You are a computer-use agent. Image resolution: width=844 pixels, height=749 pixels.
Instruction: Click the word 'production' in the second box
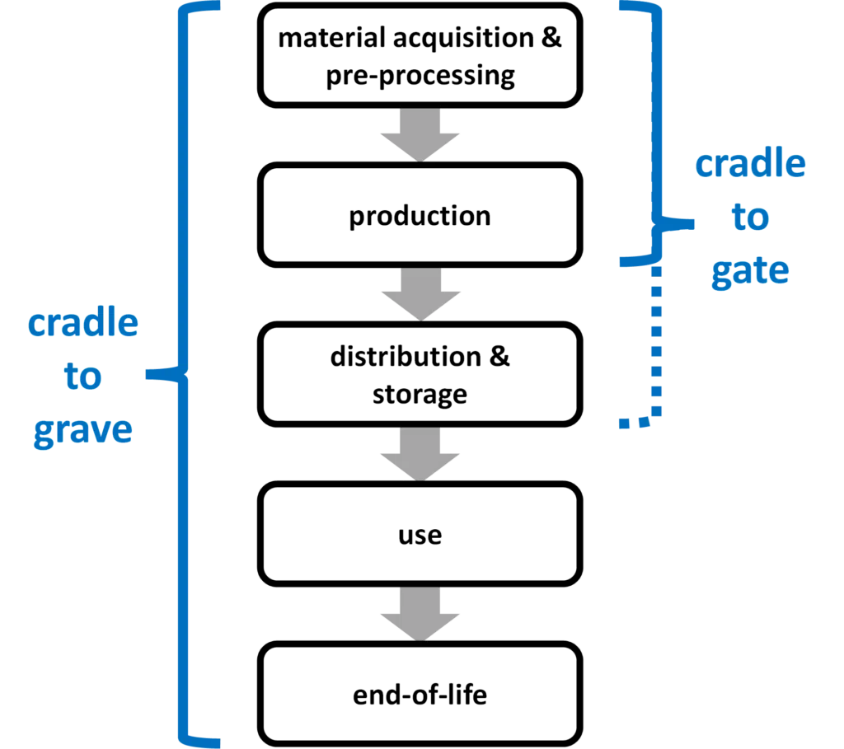click(x=420, y=217)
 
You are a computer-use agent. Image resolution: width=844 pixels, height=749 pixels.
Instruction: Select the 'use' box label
click(x=420, y=536)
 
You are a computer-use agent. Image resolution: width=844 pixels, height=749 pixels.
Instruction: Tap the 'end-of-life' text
click(x=420, y=694)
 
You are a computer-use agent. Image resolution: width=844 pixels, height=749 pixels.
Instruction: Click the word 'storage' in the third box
click(x=420, y=395)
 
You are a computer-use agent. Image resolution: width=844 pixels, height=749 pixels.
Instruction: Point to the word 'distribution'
click(x=406, y=356)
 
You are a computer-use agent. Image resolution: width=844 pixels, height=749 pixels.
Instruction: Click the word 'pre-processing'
click(x=420, y=76)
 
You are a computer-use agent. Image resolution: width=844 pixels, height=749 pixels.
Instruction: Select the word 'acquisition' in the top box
click(x=463, y=39)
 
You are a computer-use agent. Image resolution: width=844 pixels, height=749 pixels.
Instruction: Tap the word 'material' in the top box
click(x=331, y=38)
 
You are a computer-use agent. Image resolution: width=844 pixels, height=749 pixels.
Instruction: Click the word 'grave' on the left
click(x=83, y=431)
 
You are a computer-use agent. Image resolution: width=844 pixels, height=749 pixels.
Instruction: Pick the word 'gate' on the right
click(x=750, y=271)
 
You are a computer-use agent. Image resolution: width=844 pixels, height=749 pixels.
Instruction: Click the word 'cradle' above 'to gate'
click(x=750, y=164)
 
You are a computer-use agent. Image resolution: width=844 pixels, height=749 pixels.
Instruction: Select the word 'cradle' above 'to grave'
click(x=83, y=323)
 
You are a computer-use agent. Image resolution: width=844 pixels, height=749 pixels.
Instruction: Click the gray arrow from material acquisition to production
click(x=420, y=134)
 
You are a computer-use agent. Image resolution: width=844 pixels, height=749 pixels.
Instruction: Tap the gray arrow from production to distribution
click(x=420, y=293)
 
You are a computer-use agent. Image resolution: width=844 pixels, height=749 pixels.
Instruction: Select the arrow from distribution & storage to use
click(x=420, y=453)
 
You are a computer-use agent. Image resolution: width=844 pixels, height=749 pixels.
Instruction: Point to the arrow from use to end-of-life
click(x=420, y=613)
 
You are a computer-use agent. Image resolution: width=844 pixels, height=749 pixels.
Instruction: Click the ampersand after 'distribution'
click(x=499, y=356)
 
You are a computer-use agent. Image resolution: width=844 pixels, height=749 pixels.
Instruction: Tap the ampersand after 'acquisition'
click(x=551, y=38)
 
